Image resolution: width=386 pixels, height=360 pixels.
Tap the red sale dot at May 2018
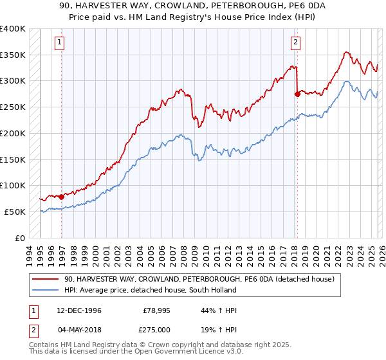coord(297,94)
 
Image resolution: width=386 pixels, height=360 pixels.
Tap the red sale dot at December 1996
coord(62,197)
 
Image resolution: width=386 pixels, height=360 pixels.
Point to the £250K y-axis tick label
coord(13,107)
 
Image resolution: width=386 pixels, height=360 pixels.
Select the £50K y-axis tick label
coord(15,212)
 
